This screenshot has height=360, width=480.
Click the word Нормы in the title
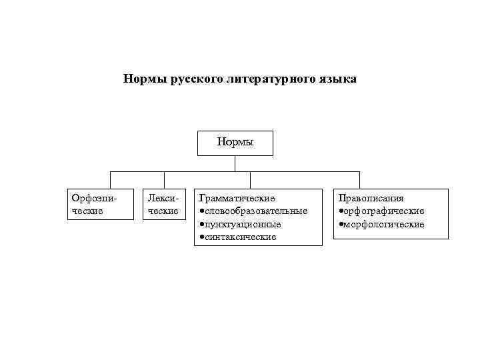click(x=145, y=79)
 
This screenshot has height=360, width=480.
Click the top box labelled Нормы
click(x=235, y=142)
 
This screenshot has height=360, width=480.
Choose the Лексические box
click(x=163, y=205)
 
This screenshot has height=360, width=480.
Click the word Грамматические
click(x=237, y=198)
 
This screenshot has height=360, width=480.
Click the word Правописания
click(x=371, y=198)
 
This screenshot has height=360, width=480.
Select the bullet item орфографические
click(x=384, y=211)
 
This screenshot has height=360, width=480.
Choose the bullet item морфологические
click(x=384, y=224)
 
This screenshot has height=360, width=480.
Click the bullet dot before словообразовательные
click(x=201, y=211)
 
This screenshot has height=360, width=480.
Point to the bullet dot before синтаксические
click(x=201, y=237)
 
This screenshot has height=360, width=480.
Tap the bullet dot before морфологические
click(x=341, y=225)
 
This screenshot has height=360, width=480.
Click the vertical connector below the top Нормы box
click(x=235, y=163)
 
